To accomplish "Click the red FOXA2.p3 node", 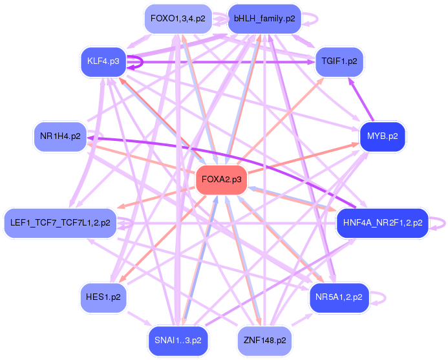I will tap(222, 179).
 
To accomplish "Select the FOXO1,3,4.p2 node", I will tap(178, 19).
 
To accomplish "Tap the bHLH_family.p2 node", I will tap(264, 19).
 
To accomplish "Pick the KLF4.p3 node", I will tap(103, 61).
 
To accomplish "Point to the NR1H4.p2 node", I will tap(60, 136).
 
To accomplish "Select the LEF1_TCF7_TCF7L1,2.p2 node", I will tap(60, 222).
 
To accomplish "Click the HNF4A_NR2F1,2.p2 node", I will tap(381, 222).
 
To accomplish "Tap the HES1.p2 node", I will tap(103, 297).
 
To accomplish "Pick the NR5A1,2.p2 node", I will tap(339, 297).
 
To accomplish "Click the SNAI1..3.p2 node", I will tap(178, 340).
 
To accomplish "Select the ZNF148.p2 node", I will tap(264, 340).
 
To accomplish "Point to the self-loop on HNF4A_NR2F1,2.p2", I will tap(440, 223).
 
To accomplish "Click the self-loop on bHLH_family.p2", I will tap(312, 19).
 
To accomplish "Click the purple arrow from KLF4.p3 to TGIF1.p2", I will tap(226, 63).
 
